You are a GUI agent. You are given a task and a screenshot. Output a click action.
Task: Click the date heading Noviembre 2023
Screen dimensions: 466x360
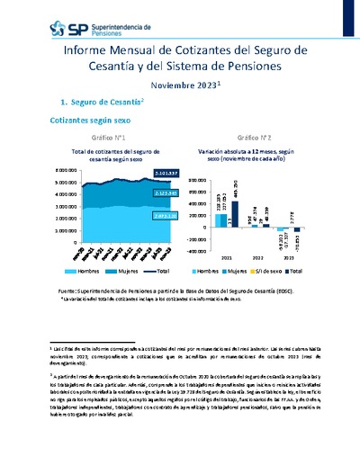click(178, 84)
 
